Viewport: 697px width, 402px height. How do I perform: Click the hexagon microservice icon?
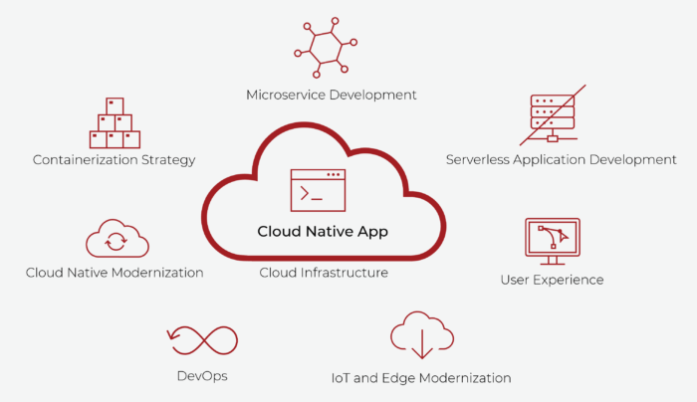(x=325, y=46)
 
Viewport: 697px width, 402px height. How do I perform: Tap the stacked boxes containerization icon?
(x=115, y=123)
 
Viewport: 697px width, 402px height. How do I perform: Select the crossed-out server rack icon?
(x=553, y=117)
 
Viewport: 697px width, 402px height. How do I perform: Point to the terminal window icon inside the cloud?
(x=318, y=189)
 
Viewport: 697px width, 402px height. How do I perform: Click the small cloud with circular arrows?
(x=116, y=240)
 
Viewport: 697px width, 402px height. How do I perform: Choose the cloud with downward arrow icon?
(x=422, y=335)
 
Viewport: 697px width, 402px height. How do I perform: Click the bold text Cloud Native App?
(x=323, y=231)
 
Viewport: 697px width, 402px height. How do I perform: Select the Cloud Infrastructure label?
(x=324, y=272)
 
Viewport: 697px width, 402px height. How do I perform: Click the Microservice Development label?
(x=332, y=95)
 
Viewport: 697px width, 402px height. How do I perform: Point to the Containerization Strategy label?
(x=114, y=159)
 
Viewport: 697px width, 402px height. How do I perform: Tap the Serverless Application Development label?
(x=561, y=159)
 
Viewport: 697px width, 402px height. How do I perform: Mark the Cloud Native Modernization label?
(x=115, y=273)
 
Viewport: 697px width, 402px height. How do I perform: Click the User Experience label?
(x=552, y=280)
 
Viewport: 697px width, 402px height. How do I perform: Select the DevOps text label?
(x=202, y=376)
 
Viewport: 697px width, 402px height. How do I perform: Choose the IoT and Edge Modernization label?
(x=421, y=378)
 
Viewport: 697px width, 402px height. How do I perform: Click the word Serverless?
(x=478, y=159)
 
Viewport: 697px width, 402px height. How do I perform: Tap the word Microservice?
(x=283, y=95)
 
